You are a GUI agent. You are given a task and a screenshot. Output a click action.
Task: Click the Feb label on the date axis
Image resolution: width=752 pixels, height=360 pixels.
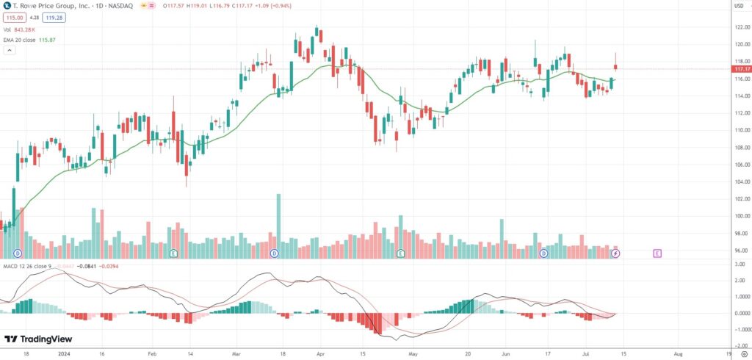point(152,353)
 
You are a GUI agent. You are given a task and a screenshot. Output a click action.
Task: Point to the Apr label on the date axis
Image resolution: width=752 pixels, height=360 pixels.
point(319,353)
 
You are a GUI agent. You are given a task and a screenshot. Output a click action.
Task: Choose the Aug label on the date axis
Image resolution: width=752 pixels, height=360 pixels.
point(679,353)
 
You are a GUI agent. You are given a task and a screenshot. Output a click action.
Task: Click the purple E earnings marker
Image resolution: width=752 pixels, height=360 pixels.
point(657,253)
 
